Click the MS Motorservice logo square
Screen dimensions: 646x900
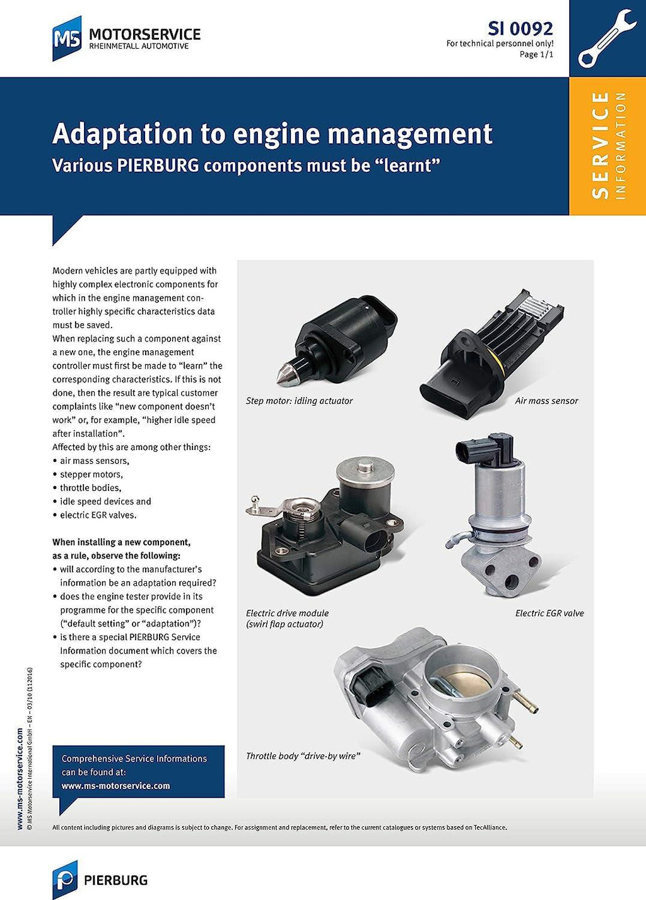67,38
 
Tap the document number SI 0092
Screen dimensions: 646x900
520,28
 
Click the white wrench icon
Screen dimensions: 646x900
607,38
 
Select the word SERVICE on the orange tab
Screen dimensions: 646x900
600,145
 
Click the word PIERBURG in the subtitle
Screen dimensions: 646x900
158,165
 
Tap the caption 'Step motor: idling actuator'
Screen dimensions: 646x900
299,401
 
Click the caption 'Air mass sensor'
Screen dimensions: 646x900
546,401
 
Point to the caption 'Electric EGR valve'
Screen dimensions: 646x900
549,613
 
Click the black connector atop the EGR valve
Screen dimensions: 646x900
486,449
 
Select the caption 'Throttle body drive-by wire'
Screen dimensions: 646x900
303,755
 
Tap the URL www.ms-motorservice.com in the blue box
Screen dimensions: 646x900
115,786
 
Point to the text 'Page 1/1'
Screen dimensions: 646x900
536,54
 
